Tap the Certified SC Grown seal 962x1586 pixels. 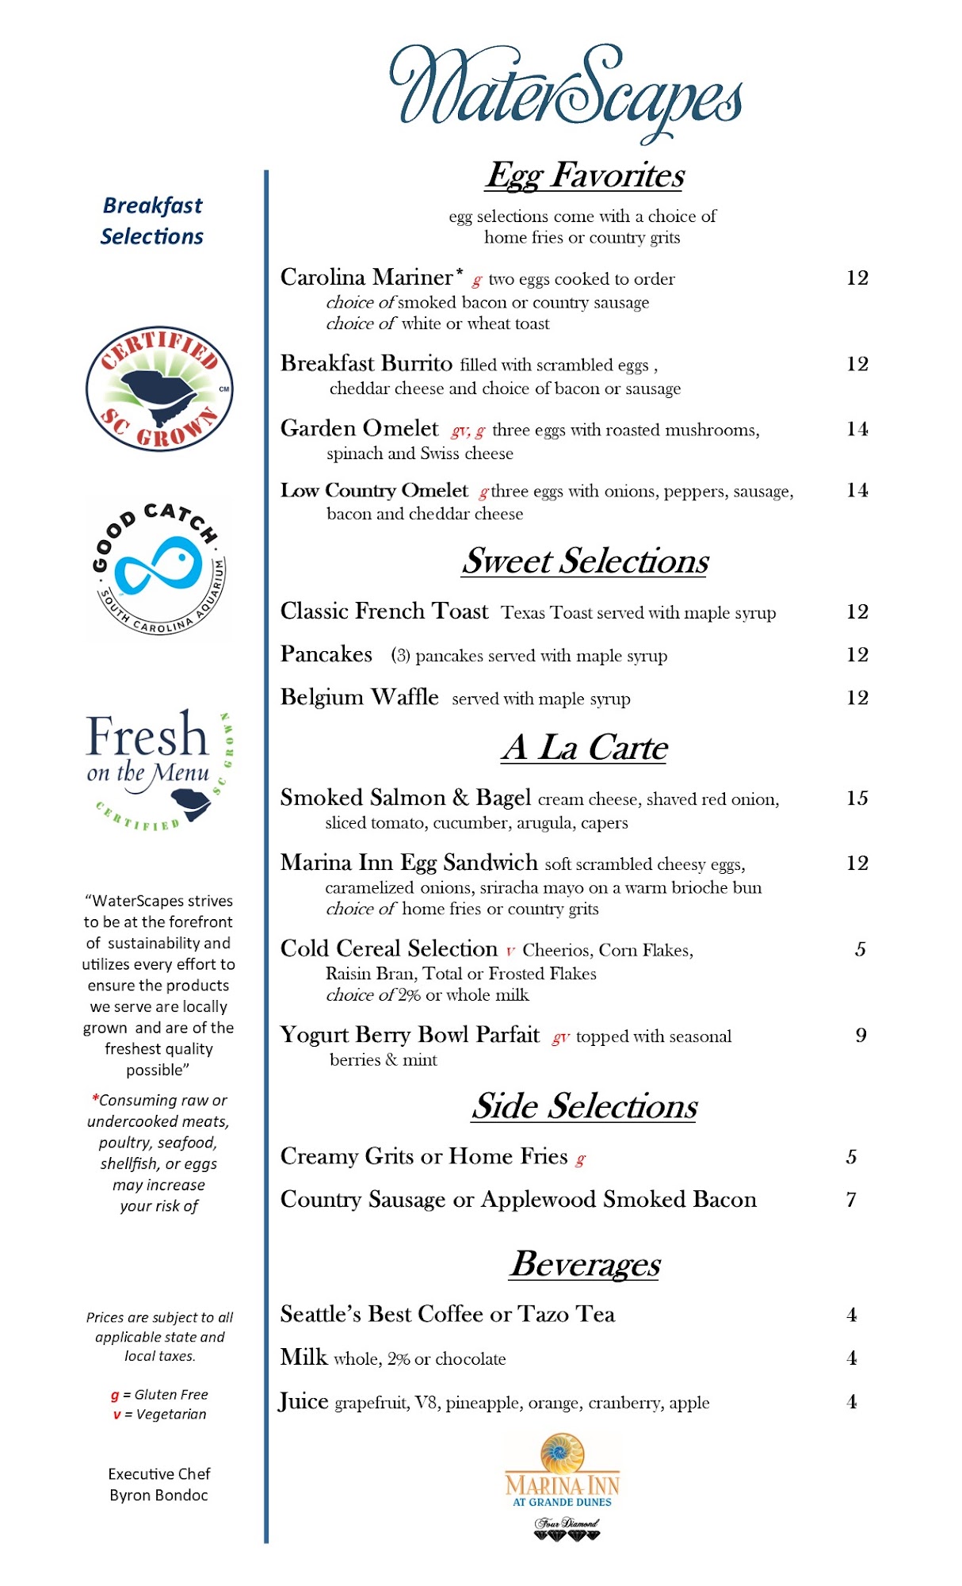tap(159, 389)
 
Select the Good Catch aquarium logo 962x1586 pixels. tap(159, 568)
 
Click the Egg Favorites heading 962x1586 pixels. tap(585, 175)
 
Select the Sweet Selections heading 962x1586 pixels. tap(585, 561)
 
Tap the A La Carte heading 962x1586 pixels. tap(585, 747)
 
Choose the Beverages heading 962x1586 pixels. tap(585, 1263)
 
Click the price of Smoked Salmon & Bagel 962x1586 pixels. tap(857, 798)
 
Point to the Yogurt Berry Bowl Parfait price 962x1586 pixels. tap(861, 1035)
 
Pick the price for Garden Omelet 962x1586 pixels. tap(857, 429)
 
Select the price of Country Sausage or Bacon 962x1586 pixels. tap(851, 1199)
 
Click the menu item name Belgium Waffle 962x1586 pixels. tap(359, 697)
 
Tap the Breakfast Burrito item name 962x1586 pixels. tap(366, 363)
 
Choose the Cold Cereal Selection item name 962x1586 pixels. tap(388, 948)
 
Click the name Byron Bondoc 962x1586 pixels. tap(158, 1496)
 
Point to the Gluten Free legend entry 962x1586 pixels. tap(159, 1395)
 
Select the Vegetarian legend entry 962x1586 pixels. tap(159, 1415)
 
